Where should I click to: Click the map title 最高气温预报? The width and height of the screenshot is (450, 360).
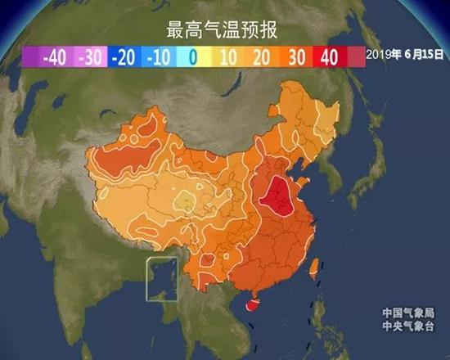click(223, 31)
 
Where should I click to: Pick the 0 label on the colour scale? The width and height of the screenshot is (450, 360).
click(192, 57)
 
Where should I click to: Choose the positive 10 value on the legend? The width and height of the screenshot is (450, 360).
click(227, 57)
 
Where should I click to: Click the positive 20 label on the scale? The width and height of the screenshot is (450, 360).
click(261, 57)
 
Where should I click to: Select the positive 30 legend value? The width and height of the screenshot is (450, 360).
click(295, 57)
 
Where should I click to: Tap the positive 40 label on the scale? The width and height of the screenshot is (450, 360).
click(330, 57)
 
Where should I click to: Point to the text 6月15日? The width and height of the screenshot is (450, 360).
click(421, 55)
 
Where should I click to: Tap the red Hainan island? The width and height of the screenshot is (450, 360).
click(252, 305)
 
